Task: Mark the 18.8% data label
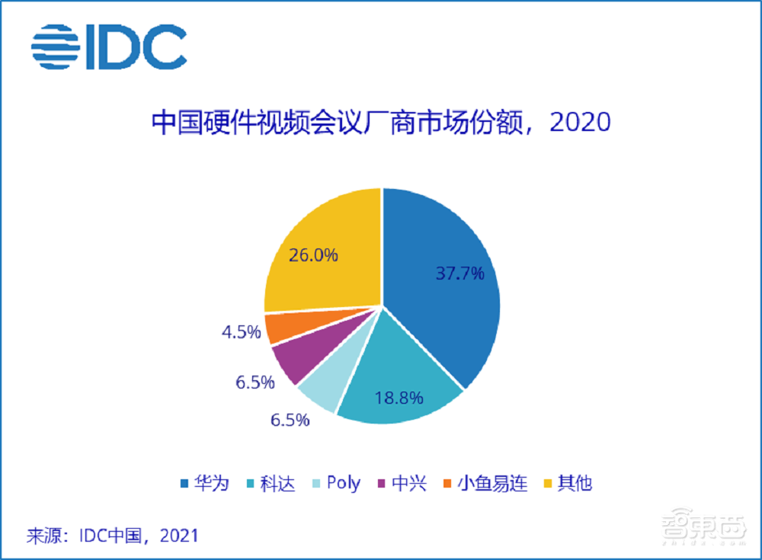click(x=399, y=397)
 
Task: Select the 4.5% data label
click(x=239, y=333)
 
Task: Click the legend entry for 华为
click(x=204, y=483)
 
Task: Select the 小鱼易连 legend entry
click(x=485, y=483)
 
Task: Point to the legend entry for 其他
click(x=568, y=483)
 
